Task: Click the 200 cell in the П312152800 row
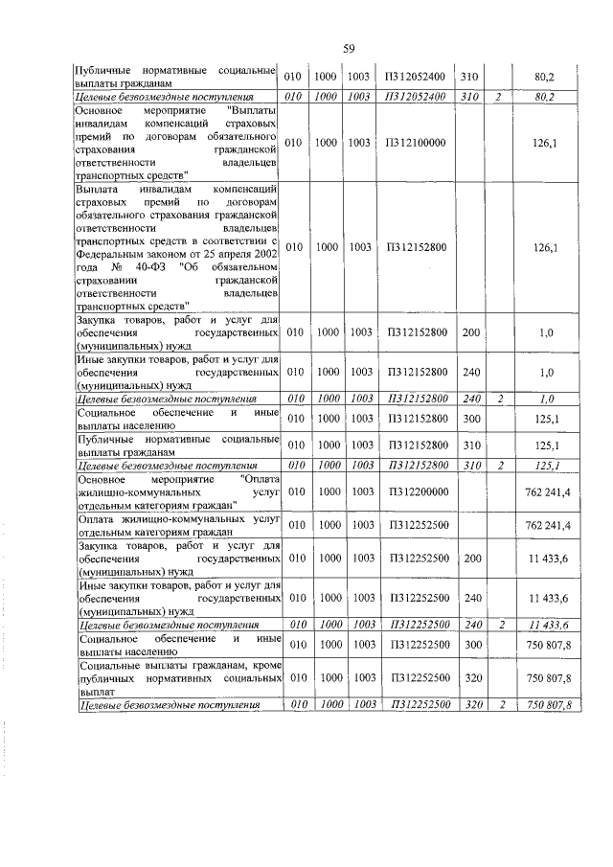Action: (469, 332)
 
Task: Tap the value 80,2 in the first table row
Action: (548, 77)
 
